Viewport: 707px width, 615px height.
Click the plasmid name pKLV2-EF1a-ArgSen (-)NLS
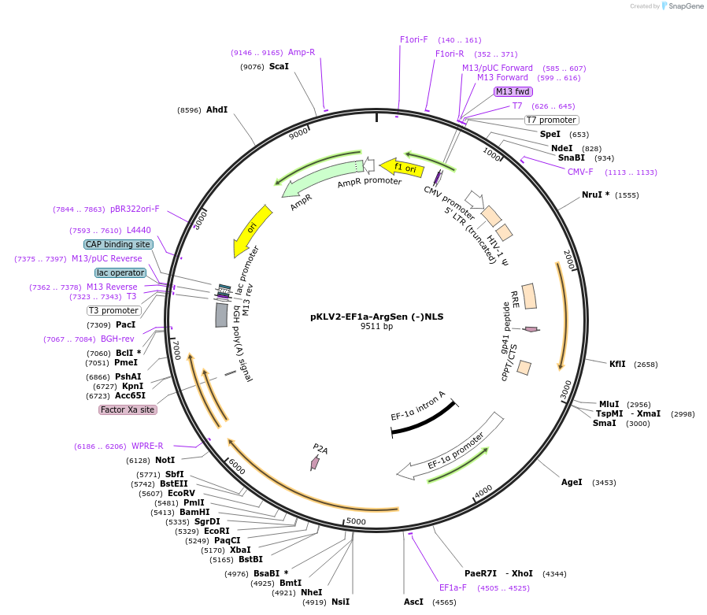pos(376,316)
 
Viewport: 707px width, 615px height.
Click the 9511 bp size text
pos(376,326)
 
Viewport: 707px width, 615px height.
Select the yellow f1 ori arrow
pos(402,168)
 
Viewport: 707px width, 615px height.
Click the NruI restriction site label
pos(595,195)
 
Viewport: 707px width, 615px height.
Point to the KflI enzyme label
pos(617,364)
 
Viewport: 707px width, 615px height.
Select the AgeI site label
pos(572,482)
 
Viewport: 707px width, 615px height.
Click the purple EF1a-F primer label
pos(453,587)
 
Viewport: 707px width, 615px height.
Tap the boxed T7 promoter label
pos(551,120)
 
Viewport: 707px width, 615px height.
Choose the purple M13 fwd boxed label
pos(513,91)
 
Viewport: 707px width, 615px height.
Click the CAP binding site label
pos(118,244)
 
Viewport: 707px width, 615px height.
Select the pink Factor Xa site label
pos(128,409)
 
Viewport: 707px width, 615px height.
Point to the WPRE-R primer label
pos(147,446)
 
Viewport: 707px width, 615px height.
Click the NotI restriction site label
pos(165,460)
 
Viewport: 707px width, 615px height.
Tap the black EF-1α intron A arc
pos(423,417)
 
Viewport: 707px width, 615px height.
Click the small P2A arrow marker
pos(315,463)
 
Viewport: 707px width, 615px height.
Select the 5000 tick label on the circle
pos(356,521)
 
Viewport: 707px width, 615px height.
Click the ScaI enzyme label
pos(279,67)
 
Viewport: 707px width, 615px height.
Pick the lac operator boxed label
pos(120,272)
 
